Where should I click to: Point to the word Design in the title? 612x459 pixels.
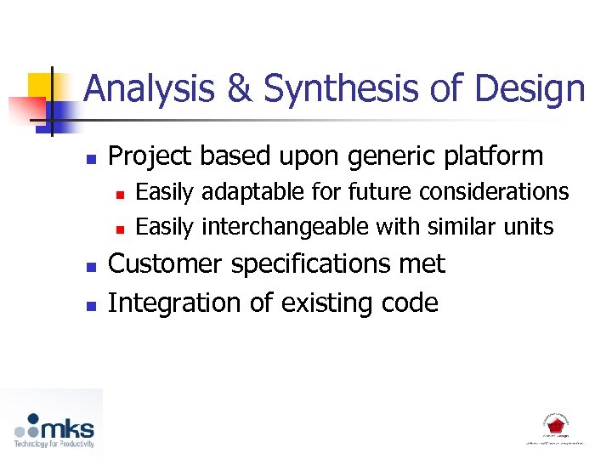pos(530,89)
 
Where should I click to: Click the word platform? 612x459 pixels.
pos(490,156)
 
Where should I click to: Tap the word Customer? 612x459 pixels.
pos(167,264)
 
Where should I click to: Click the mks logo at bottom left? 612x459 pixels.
pos(54,428)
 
